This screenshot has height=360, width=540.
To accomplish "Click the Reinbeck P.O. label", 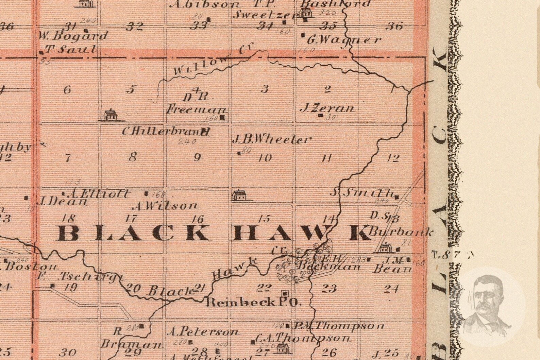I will tap(254, 302).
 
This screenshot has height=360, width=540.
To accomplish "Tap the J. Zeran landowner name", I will tap(327, 108).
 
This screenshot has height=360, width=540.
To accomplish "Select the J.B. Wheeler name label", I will tap(271, 139).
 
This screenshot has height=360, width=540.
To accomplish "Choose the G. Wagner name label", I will tap(344, 40).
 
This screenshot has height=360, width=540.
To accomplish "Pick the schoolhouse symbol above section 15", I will tap(239, 195).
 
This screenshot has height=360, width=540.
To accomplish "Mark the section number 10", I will tap(265, 157).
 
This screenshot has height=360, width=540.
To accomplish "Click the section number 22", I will tap(264, 288).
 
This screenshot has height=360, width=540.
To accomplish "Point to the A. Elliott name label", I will tap(98, 194).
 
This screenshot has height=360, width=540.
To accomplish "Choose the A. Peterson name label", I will tap(203, 331).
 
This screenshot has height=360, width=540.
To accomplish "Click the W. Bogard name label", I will tap(71, 36).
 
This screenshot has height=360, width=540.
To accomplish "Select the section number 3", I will tap(264, 89).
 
